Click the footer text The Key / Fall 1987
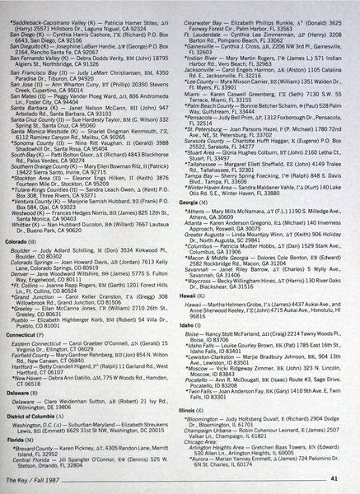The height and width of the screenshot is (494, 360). click(54, 478)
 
